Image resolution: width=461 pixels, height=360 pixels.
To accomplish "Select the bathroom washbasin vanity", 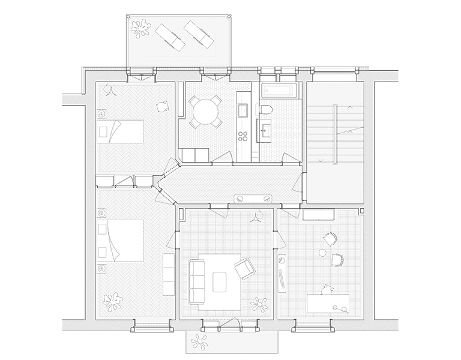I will pyautogui.click(x=267, y=127).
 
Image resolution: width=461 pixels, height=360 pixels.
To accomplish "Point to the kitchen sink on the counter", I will pyautogui.click(x=243, y=110).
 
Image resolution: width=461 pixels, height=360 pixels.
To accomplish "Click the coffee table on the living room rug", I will pyautogui.click(x=220, y=281).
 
